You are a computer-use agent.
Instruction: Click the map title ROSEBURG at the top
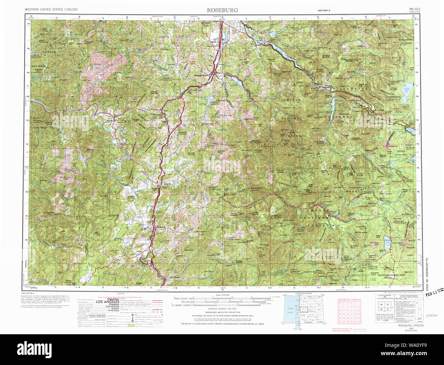point(222,10)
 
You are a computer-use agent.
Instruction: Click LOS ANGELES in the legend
point(107,302)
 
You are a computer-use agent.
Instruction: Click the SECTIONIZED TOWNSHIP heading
point(349,299)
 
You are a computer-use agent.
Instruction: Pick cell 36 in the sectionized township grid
point(359,322)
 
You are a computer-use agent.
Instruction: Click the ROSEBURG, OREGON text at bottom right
point(410,326)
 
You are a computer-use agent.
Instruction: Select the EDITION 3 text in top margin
point(324,11)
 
